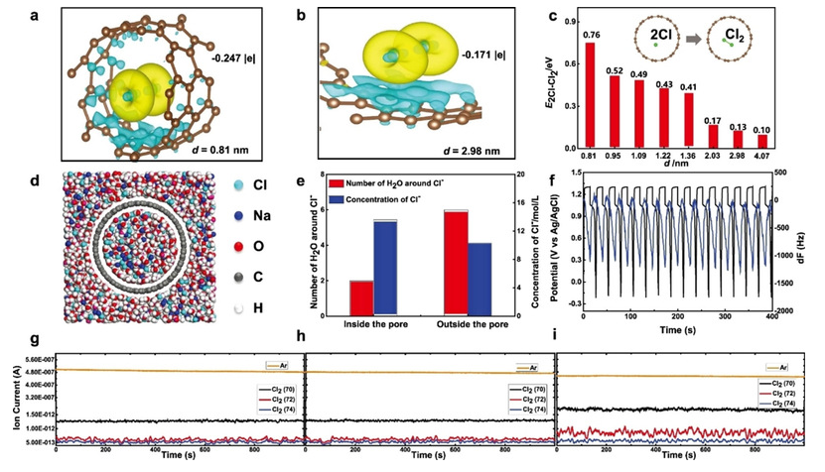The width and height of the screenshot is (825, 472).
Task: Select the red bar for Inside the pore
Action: [361, 295]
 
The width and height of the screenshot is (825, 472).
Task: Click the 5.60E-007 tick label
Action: [36, 359]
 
